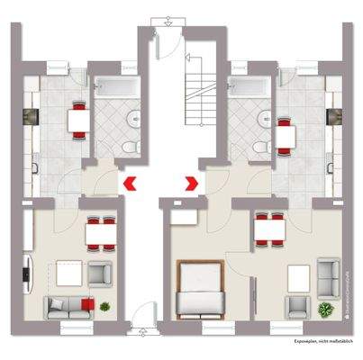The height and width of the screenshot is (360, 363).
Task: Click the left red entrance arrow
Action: pos(131,184)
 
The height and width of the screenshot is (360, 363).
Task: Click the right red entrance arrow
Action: pos(191,184)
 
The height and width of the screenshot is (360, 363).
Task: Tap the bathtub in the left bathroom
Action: pos(113,88)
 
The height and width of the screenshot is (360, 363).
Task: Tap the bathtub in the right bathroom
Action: pos(246,88)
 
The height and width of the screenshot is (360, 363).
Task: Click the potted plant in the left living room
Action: pos(106,306)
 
